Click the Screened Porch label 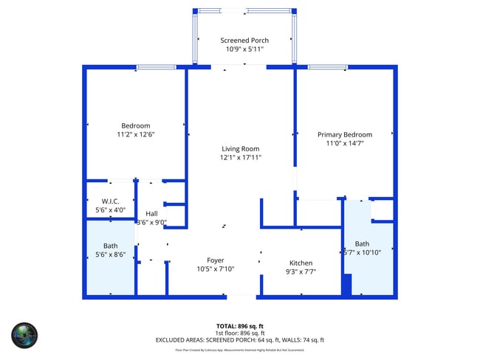click(244, 41)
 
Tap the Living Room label click(241, 148)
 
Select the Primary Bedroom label click(345, 134)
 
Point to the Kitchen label click(301, 263)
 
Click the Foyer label click(215, 260)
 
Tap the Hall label click(152, 213)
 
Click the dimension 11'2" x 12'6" click(136, 134)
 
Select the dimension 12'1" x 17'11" click(241, 157)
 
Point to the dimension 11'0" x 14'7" click(345, 143)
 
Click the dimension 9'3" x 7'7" click(301, 271)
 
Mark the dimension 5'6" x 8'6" click(110, 255)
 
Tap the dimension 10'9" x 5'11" click(244, 49)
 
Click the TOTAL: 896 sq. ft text click(240, 325)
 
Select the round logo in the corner click(24, 336)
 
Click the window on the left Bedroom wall click(157, 68)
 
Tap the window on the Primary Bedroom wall click(328, 68)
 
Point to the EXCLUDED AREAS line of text click(240, 340)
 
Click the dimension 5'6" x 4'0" click(110, 210)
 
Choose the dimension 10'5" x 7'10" click(215, 269)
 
